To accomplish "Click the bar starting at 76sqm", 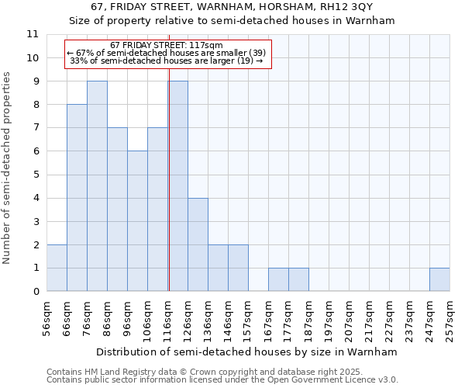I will coord(97,186).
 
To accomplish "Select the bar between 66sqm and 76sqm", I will coord(77,198).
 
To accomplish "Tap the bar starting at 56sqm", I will coord(57,268).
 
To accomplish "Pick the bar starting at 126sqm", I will coord(198,244).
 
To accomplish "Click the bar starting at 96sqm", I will coord(137,221).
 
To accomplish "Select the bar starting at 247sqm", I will coord(439,279).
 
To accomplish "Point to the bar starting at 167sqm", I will coord(278,279).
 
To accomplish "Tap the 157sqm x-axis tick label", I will coord(249,317).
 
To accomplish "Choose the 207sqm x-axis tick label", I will coord(350,317).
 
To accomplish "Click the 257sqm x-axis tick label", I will coord(450,317).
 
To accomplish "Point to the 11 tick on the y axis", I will coord(33,35).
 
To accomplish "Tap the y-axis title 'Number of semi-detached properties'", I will coord(9,168).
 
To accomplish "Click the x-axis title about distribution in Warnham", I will coord(248,352).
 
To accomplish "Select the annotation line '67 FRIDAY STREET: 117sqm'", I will coord(167,46).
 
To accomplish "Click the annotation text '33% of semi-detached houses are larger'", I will coord(167,60).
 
